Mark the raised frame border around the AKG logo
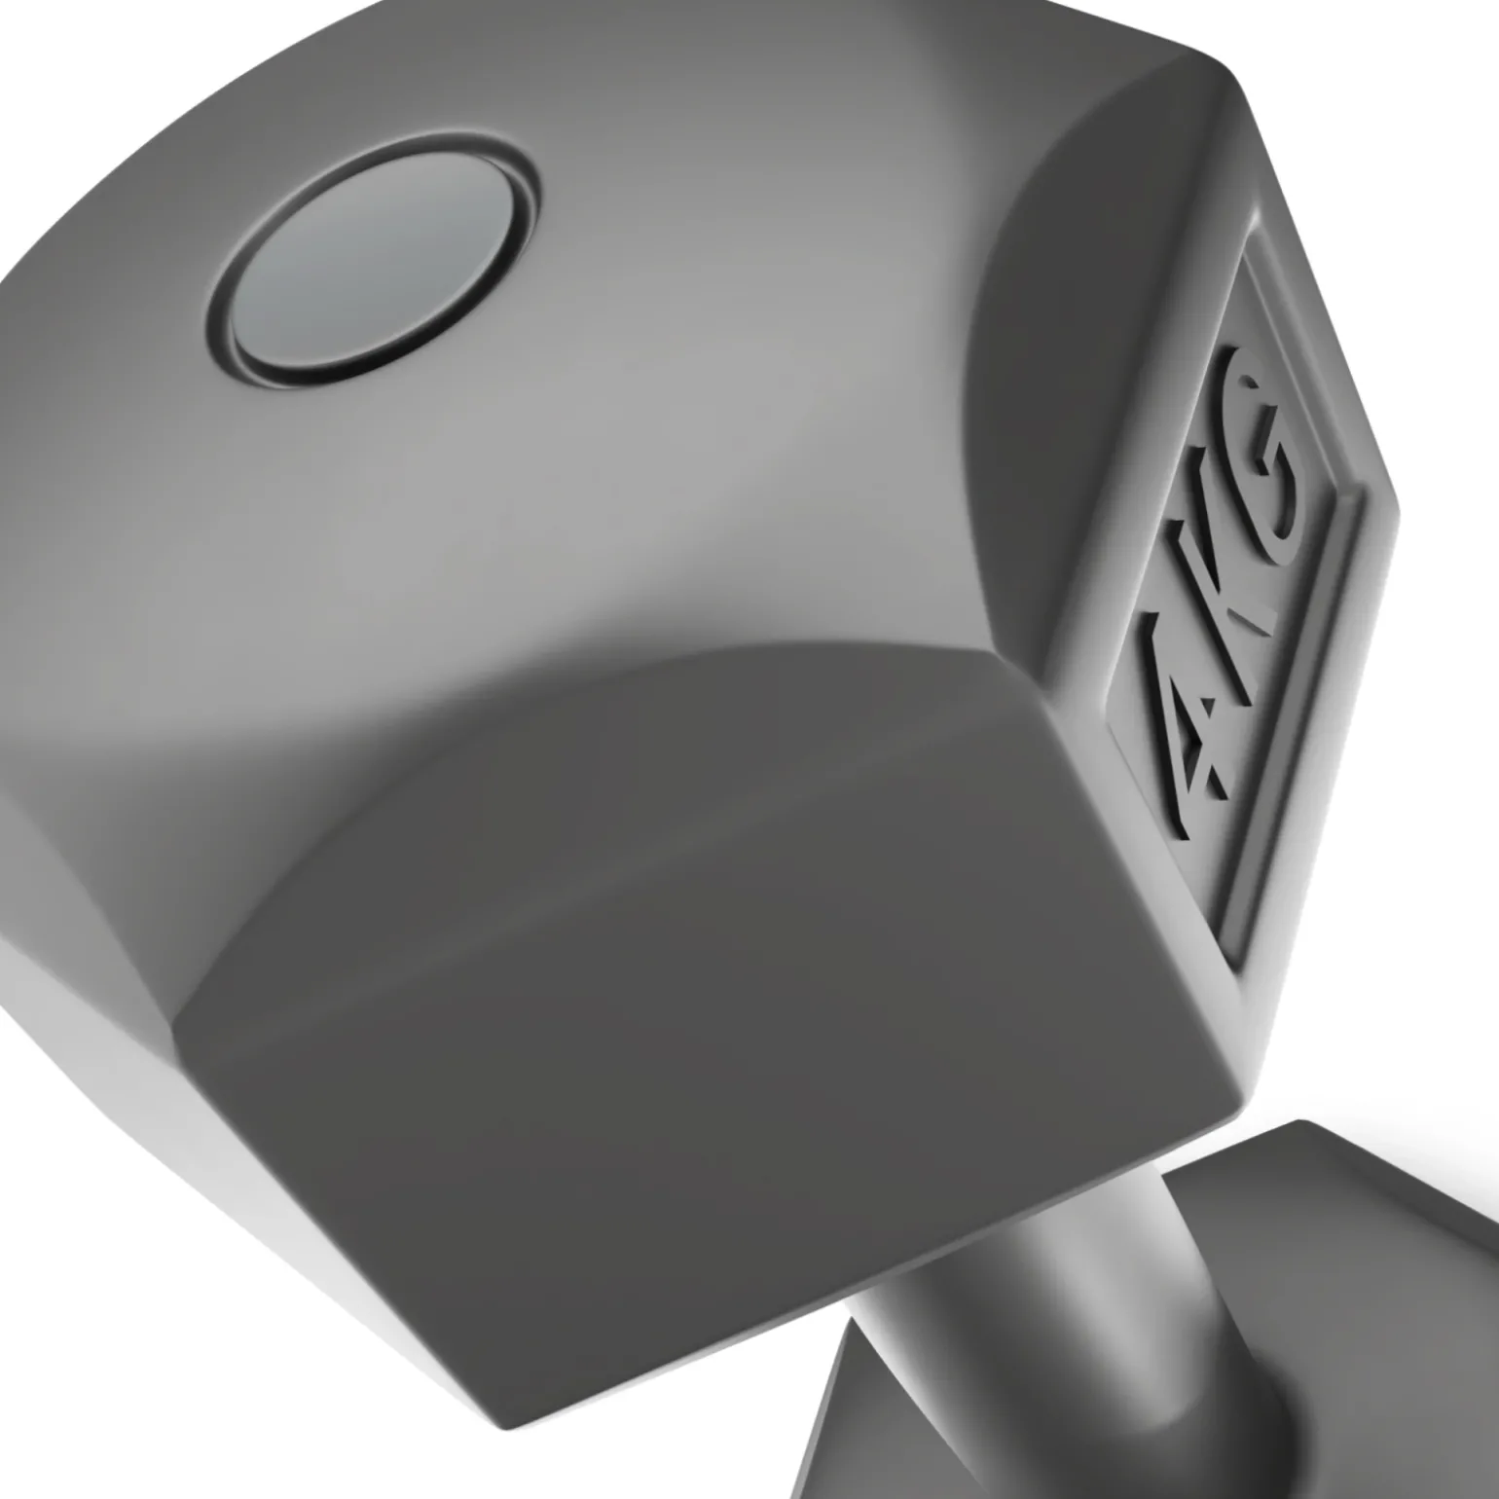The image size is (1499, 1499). click(x=1358, y=545)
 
